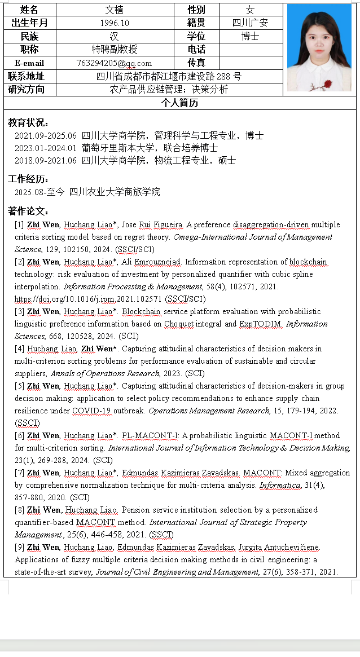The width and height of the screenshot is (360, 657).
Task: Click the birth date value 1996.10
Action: pos(115,23)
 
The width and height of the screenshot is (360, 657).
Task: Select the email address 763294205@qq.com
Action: pos(114,63)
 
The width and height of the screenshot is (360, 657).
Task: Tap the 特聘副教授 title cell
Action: pos(115,50)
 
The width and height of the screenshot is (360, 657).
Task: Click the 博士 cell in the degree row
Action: pos(250,36)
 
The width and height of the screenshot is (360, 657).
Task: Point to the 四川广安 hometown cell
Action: pos(250,23)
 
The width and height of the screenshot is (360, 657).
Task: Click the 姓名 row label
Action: pos(29,10)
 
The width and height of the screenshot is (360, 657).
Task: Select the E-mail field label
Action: pos(29,63)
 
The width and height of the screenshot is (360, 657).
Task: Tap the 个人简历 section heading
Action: pos(179,103)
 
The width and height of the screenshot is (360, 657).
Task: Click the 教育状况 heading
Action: pos(28,122)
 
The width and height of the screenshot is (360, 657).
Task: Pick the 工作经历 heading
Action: pos(28,179)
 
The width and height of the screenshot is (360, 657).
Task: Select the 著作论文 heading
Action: pos(28,211)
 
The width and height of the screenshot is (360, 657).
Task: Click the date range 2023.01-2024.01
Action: pos(46,148)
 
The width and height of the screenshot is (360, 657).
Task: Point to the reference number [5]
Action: pos(19,386)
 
